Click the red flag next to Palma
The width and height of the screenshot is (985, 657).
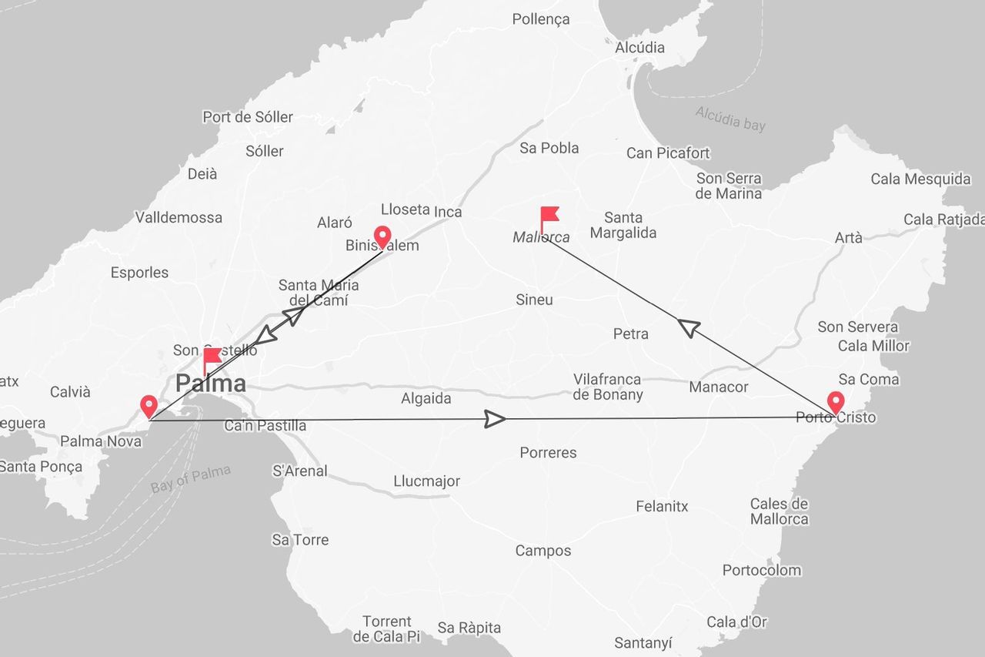coord(211,358)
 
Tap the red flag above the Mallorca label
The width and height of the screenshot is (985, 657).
coord(548,216)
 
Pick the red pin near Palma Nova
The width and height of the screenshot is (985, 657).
coord(149,406)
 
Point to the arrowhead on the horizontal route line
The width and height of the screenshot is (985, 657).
coord(495,419)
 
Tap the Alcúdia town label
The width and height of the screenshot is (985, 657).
coord(639,47)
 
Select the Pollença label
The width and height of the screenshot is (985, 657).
coord(541,19)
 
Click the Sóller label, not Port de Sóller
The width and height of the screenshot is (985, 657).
coord(265,151)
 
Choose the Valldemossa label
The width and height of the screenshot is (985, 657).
coord(179,217)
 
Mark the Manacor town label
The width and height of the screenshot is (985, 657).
coord(719,387)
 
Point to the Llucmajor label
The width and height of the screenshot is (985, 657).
coord(426,481)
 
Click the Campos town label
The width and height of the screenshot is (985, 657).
coord(543,551)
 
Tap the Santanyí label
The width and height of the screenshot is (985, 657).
coord(643,642)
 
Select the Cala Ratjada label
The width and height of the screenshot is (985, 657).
coord(943,220)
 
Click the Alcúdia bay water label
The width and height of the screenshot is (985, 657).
coord(730,118)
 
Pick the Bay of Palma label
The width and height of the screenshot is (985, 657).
coord(191,479)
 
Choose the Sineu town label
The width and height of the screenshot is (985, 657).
coord(534,300)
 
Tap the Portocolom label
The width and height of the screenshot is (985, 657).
coord(761,570)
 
